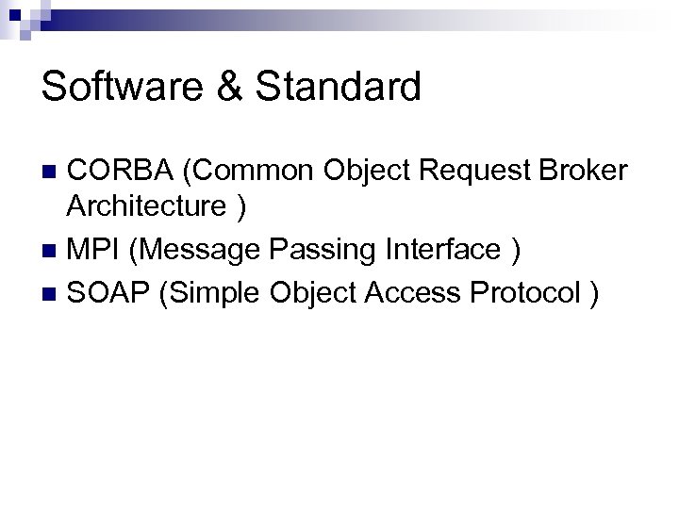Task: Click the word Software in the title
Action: point(117,87)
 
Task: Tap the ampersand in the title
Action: point(223,87)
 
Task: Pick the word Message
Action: point(195,250)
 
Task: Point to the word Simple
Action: point(213,293)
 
